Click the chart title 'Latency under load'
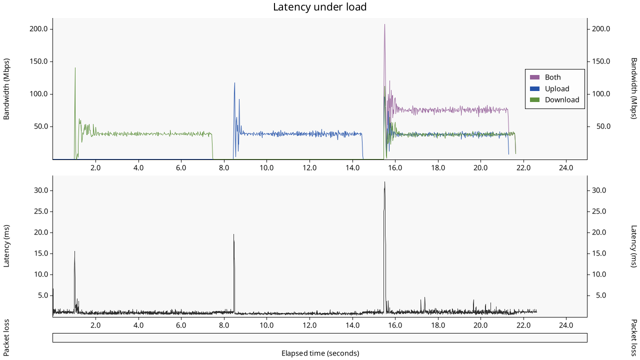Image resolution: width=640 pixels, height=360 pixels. coord(319,7)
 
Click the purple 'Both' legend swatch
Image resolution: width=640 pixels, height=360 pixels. coord(535,77)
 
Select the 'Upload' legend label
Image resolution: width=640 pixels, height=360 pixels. coord(557,89)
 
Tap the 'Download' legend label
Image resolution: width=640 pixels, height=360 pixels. coord(562,100)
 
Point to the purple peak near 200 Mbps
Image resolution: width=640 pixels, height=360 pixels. coord(384,25)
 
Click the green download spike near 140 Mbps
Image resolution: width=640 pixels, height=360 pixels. coord(75,68)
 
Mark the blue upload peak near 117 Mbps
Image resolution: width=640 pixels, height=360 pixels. coord(234,83)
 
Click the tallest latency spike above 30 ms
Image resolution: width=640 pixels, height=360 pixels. coord(384,182)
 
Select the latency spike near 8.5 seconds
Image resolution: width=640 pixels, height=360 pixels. coord(233,235)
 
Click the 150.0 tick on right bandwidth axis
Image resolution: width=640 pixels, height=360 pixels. coord(601,61)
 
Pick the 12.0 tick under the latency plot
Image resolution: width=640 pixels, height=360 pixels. coord(309,325)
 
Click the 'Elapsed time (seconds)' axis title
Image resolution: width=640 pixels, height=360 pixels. coord(320,353)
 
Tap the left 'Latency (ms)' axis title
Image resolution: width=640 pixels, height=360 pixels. coord(7,246)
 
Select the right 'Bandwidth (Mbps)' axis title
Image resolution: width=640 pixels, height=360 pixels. coord(633,88)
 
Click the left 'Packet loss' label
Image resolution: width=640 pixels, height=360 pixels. coord(7,337)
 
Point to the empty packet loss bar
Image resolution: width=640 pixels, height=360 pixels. coord(319,338)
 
